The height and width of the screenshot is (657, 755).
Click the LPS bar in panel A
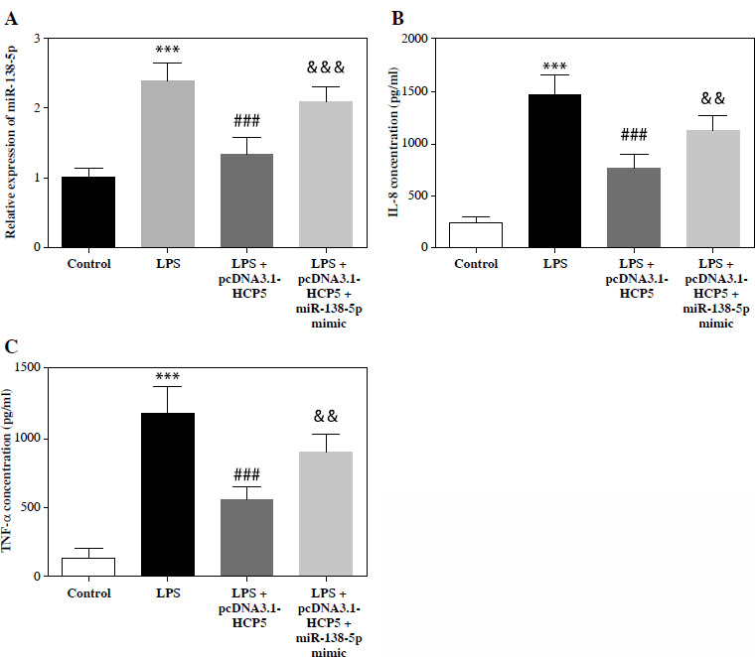pyautogui.click(x=167, y=164)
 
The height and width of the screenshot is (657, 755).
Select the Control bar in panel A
pyautogui.click(x=87, y=212)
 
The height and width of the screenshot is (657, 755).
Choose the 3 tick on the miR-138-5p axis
pyautogui.click(x=39, y=39)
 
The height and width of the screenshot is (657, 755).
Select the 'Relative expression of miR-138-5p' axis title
pyautogui.click(x=11, y=144)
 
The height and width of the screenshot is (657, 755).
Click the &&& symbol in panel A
pyautogui.click(x=326, y=67)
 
